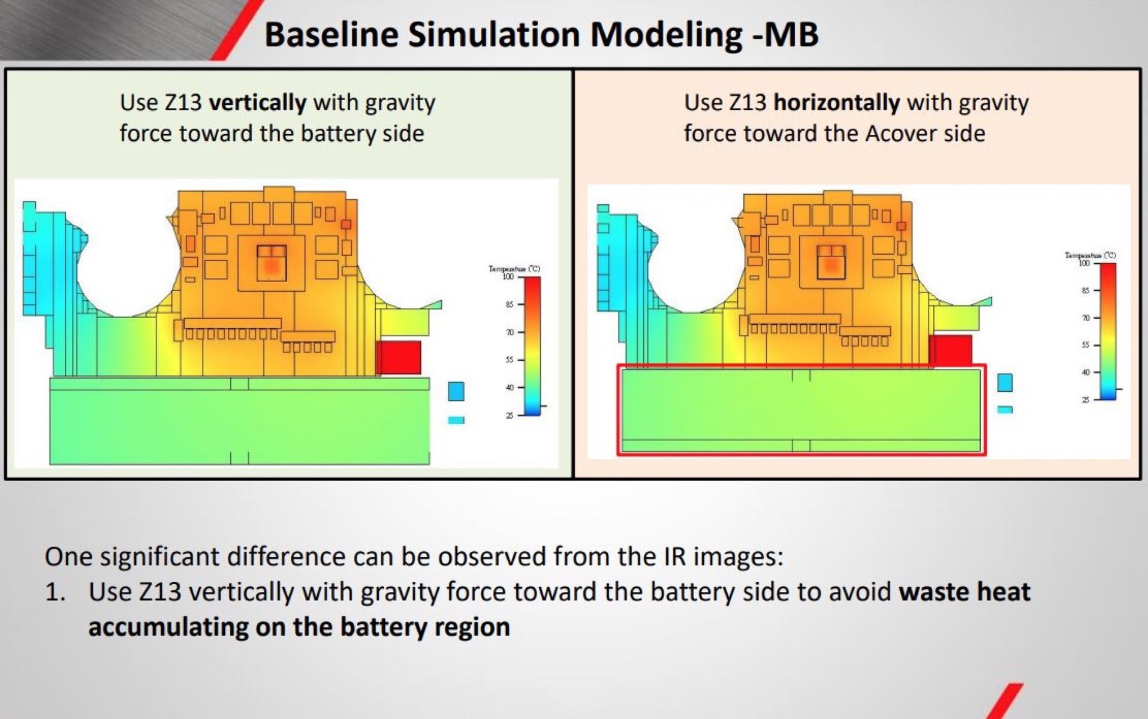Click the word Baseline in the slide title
331,34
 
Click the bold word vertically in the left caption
257,102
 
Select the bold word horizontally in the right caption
836,102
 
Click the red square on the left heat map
399,357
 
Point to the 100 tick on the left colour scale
509,277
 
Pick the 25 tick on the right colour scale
1085,400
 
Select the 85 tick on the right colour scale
1085,291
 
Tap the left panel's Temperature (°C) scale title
514,268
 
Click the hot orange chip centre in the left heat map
272,264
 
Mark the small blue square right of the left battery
456,391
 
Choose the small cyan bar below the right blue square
1005,410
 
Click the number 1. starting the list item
55,592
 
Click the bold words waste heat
964,592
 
